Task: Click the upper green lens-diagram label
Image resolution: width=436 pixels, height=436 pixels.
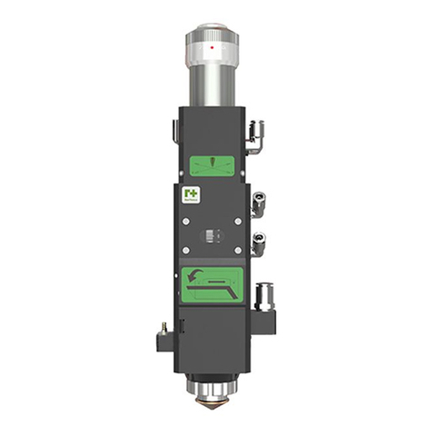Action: (x=213, y=165)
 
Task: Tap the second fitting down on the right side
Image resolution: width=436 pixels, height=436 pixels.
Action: (x=259, y=197)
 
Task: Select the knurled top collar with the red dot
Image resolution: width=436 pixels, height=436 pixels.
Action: (x=213, y=41)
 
